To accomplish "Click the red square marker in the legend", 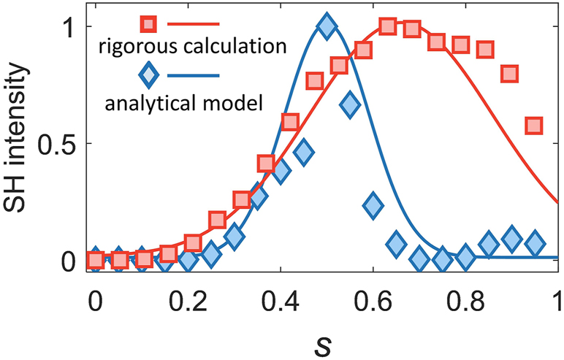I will pos(149,25).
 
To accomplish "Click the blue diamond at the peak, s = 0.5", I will pos(327,27).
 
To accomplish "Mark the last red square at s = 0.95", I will pos(535,126).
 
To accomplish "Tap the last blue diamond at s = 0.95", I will pos(535,242).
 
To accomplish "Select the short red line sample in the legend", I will pos(194,25).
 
